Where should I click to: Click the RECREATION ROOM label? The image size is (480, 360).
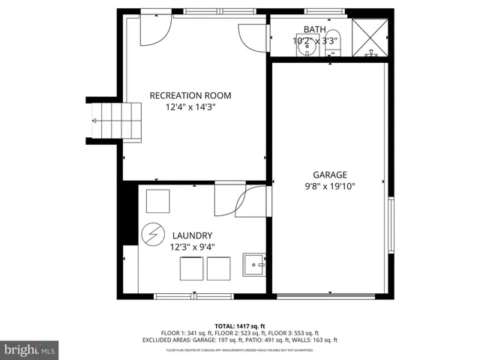pyautogui.click(x=190, y=95)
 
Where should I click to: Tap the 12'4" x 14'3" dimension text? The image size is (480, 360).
pyautogui.click(x=190, y=107)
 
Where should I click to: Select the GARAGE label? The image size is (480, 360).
pyautogui.click(x=330, y=175)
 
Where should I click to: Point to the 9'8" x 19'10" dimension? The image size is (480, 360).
pyautogui.click(x=330, y=187)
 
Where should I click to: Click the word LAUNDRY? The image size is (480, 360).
pyautogui.click(x=192, y=235)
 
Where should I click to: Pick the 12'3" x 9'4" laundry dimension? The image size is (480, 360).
pyautogui.click(x=192, y=247)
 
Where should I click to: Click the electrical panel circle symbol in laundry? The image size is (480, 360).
pyautogui.click(x=152, y=234)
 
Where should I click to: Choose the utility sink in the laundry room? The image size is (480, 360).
pyautogui.click(x=253, y=264)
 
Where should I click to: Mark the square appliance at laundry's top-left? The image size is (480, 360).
pyautogui.click(x=157, y=202)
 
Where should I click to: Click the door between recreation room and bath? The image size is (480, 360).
pyautogui.click(x=253, y=37)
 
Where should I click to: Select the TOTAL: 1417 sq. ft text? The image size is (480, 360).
pyautogui.click(x=239, y=326)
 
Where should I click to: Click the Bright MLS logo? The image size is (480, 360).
pyautogui.click(x=30, y=349)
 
